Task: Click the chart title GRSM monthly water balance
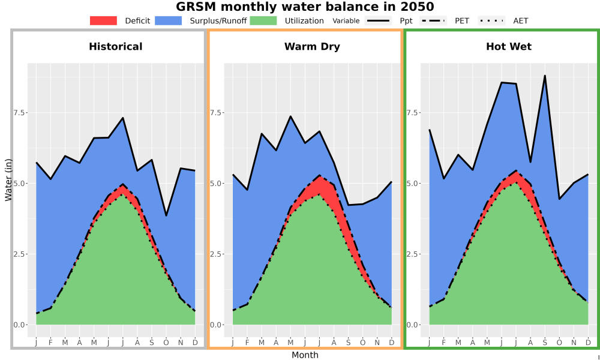click(x=305, y=7)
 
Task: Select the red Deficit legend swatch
click(x=103, y=20)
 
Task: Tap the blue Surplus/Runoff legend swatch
click(x=169, y=20)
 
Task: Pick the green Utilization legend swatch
click(x=263, y=20)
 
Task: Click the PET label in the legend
click(x=462, y=20)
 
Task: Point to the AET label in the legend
click(x=520, y=20)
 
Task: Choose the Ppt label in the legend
click(x=406, y=20)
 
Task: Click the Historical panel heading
click(x=116, y=47)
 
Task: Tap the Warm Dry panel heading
click(x=312, y=47)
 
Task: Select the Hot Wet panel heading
click(x=509, y=47)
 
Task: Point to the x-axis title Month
click(x=305, y=355)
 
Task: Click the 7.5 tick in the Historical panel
click(x=20, y=112)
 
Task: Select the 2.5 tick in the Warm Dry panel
click(x=216, y=254)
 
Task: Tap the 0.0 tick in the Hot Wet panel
click(x=413, y=325)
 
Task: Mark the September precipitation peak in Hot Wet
click(x=545, y=76)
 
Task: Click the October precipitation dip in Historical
click(x=166, y=216)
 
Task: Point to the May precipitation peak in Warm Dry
click(x=290, y=116)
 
